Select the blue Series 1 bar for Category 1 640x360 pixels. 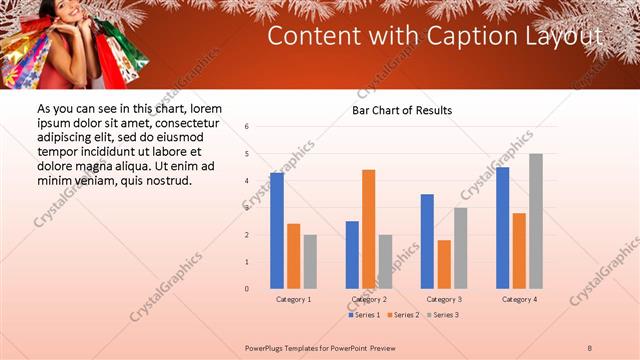[x=277, y=230]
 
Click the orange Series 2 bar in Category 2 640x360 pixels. [x=369, y=229]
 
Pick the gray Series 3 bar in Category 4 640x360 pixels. [x=536, y=221]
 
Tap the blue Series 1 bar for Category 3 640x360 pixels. [x=427, y=241]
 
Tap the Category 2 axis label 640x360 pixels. [x=370, y=300]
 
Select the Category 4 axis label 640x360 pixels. [x=519, y=300]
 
